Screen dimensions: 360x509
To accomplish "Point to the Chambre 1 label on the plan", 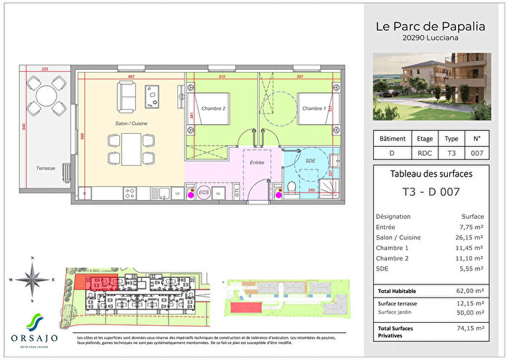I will point(314,108).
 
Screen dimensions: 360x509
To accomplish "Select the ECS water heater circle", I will point(205,193).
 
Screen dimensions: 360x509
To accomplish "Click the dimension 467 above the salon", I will point(132,76).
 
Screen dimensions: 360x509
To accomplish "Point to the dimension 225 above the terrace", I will point(44,70).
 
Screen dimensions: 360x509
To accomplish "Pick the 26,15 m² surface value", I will point(468,237).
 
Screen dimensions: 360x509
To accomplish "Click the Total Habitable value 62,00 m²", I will point(467,292).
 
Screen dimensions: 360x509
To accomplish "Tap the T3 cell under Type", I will point(451,153).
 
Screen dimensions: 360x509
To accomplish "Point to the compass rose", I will point(33,279).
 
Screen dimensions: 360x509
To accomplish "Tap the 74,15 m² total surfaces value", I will point(468,328).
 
